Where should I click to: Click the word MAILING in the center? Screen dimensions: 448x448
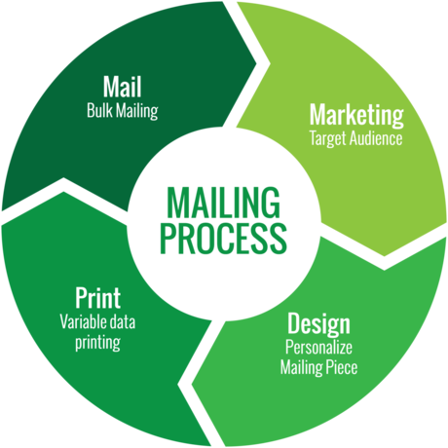tap(223, 202)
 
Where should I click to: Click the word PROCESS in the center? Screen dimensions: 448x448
tap(223, 238)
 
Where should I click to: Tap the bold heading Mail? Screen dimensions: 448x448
tap(123, 87)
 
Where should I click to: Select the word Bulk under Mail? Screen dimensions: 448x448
tap(99, 110)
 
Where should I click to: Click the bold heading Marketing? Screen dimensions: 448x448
tap(356, 116)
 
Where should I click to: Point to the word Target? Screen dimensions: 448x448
tap(327, 139)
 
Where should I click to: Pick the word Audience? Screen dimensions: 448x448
tap(375, 138)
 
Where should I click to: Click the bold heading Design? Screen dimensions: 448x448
tap(318, 323)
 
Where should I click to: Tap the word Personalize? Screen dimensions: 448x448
tap(318, 348)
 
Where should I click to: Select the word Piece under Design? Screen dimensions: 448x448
tap(344, 367)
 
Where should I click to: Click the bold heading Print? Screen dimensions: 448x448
tap(98, 298)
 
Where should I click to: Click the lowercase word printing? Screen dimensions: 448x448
tap(97, 343)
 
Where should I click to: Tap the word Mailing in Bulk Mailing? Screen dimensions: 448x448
tap(137, 111)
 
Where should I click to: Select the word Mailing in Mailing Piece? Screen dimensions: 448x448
tap(304, 368)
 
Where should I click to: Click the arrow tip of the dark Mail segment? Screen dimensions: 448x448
tap(256, 63)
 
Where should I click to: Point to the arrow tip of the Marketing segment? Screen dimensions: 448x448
tap(385, 256)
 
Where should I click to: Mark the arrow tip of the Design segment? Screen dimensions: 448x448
tap(192, 385)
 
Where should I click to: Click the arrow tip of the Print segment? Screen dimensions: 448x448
tap(63, 192)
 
